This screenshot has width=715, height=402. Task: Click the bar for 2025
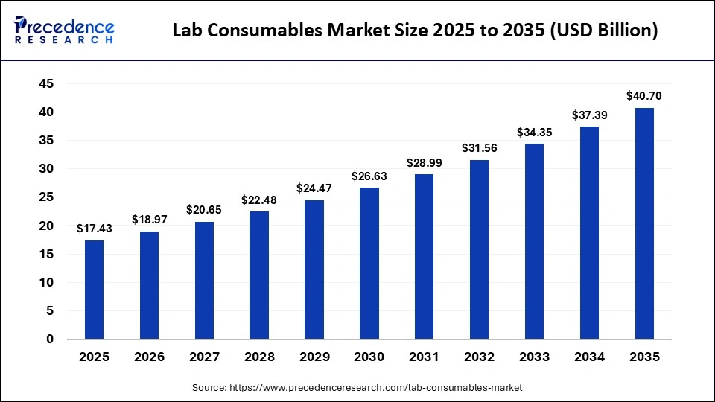coord(94,290)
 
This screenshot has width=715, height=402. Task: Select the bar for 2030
coord(369,264)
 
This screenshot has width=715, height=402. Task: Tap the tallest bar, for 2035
coord(643,223)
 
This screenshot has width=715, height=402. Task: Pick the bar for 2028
coord(259,275)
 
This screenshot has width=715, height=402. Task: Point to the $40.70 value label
coord(643,95)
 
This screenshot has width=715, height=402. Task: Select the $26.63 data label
coord(369,176)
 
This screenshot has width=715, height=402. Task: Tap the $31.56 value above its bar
coord(479,147)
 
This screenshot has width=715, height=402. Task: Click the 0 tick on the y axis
coord(50,339)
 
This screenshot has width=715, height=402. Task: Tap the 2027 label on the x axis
coord(204,357)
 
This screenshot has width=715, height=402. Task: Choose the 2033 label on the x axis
coord(534,357)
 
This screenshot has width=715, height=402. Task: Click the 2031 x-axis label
coord(424,357)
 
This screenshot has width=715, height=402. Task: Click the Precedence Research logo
coord(63,31)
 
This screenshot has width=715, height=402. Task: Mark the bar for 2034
coord(589,233)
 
